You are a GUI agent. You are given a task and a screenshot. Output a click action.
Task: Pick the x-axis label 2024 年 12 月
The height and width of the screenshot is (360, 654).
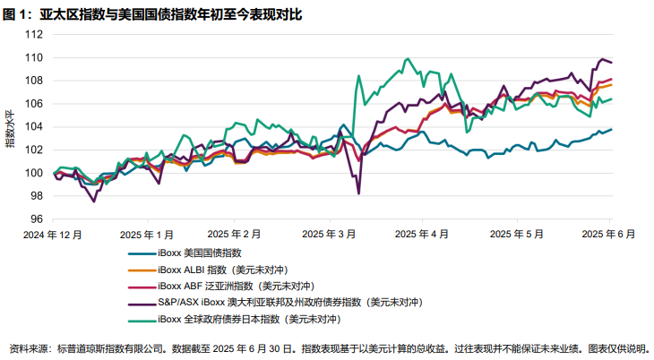click(54, 234)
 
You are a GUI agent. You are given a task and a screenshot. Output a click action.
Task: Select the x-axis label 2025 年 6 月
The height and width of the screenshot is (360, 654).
click(609, 234)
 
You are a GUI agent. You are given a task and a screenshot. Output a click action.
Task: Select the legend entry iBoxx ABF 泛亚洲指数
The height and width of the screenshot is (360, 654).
click(228, 286)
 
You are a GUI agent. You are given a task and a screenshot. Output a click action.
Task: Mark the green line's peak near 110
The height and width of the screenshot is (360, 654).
click(408, 59)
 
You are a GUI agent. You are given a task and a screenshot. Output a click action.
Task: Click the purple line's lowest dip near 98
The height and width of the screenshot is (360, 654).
click(358, 193)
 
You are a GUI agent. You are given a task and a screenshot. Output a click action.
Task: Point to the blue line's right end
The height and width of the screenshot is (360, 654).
click(611, 129)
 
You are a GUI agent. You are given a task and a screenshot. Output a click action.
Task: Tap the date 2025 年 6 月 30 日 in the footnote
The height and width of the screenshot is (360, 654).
click(255, 347)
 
